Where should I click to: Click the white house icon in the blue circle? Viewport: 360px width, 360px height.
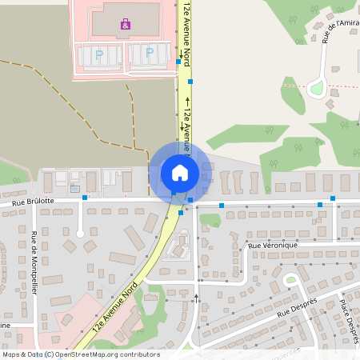179,172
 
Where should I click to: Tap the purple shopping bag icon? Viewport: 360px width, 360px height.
125,26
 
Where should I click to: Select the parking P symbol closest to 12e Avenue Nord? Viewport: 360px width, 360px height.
150,54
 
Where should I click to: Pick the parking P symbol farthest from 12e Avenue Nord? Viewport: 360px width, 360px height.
99,54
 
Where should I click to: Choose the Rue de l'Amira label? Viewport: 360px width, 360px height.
340,29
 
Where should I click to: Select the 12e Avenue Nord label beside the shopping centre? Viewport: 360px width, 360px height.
186,32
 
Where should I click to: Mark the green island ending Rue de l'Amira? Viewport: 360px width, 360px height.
318,88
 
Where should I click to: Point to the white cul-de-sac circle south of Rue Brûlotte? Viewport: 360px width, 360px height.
79,234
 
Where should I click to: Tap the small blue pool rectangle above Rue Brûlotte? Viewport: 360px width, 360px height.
75,189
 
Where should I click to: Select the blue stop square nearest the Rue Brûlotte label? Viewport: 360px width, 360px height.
84,197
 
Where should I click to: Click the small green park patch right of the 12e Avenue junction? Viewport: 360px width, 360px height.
210,219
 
